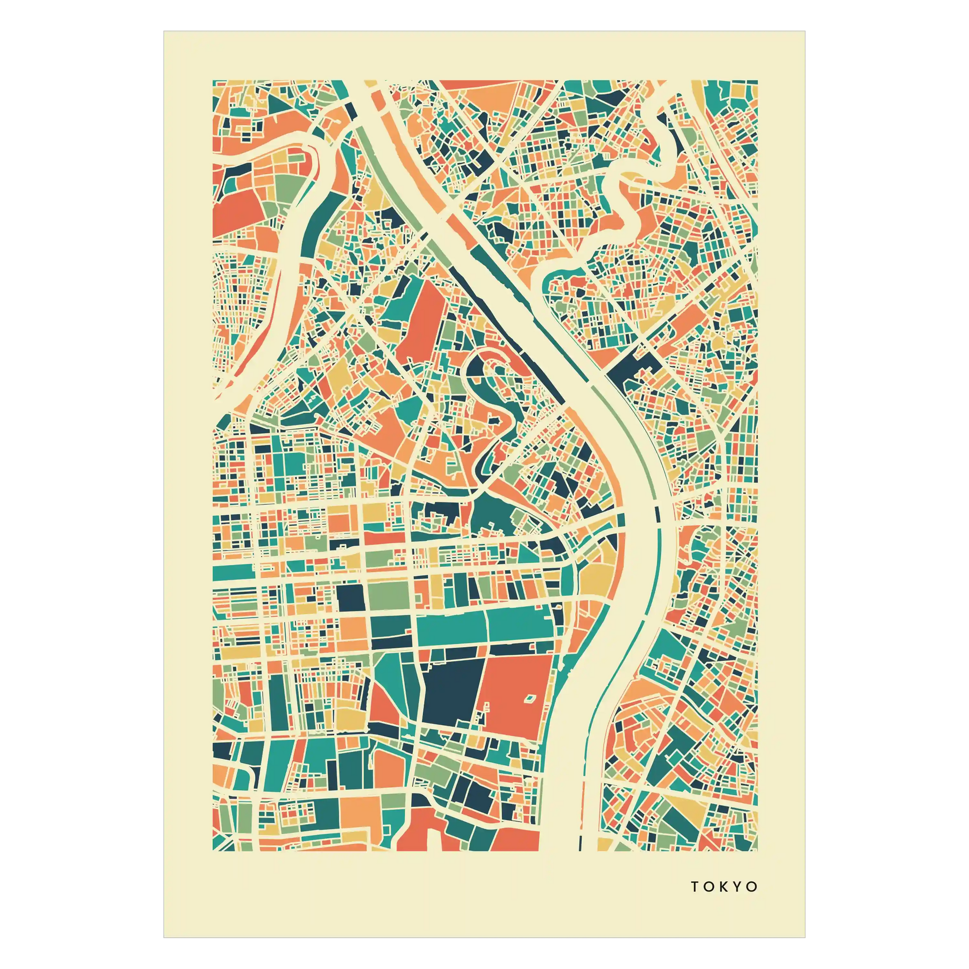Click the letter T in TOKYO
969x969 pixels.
(695, 887)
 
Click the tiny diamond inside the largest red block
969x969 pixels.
(530, 698)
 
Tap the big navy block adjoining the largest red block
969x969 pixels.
(452, 692)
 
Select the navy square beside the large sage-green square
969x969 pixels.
(351, 598)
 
